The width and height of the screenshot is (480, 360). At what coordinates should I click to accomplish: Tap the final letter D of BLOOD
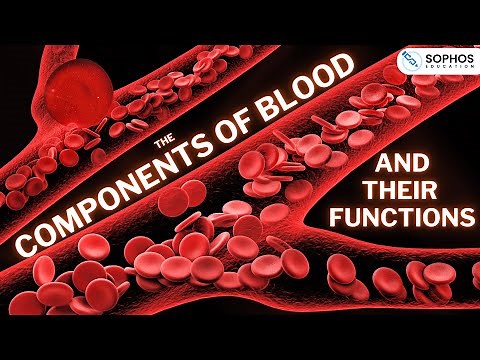[x=349, y=68]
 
